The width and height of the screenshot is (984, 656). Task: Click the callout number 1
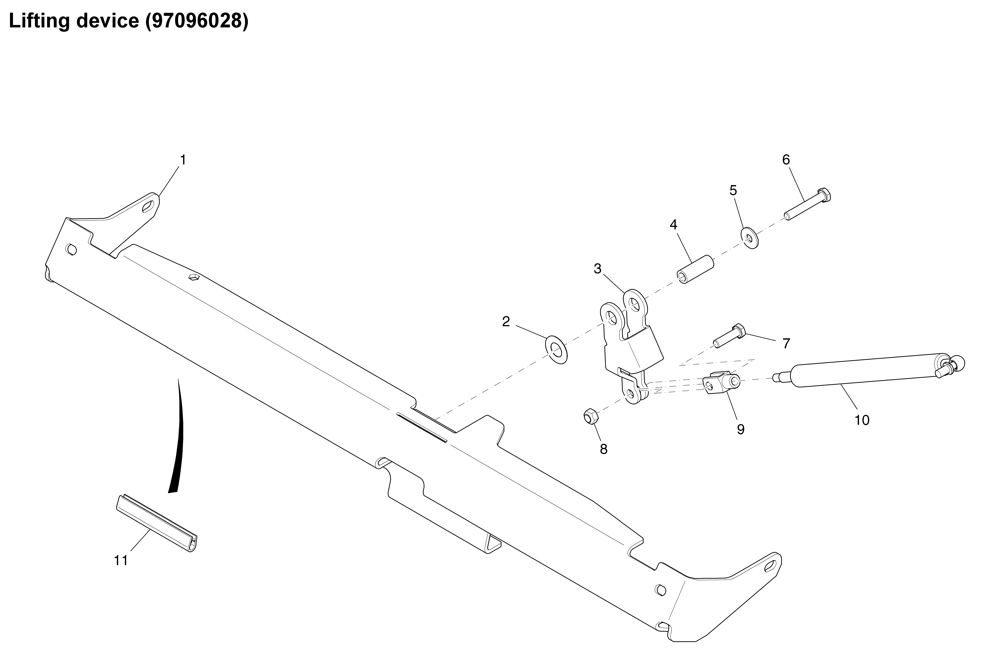(x=183, y=160)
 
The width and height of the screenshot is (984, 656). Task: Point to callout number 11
(x=121, y=560)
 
